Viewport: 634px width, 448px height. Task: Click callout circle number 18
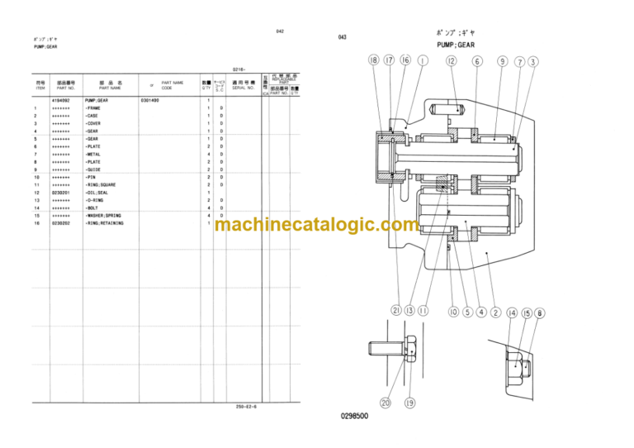pos(375,60)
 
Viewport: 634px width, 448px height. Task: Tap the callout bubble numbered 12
pos(451,60)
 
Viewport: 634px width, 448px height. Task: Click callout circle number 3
pos(533,61)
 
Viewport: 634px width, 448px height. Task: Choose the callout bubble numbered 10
pos(453,312)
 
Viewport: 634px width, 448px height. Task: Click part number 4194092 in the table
pos(60,100)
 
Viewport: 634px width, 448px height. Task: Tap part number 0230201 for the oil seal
pos(60,193)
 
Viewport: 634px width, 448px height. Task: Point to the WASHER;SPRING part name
pos(104,216)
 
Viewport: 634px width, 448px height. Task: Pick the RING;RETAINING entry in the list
pos(105,223)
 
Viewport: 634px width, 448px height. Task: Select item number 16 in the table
pos(36,223)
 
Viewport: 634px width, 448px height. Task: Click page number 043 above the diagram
pos(343,38)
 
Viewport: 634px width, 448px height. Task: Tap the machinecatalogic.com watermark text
pos(305,225)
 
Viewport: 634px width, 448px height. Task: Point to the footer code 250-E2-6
pos(245,406)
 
